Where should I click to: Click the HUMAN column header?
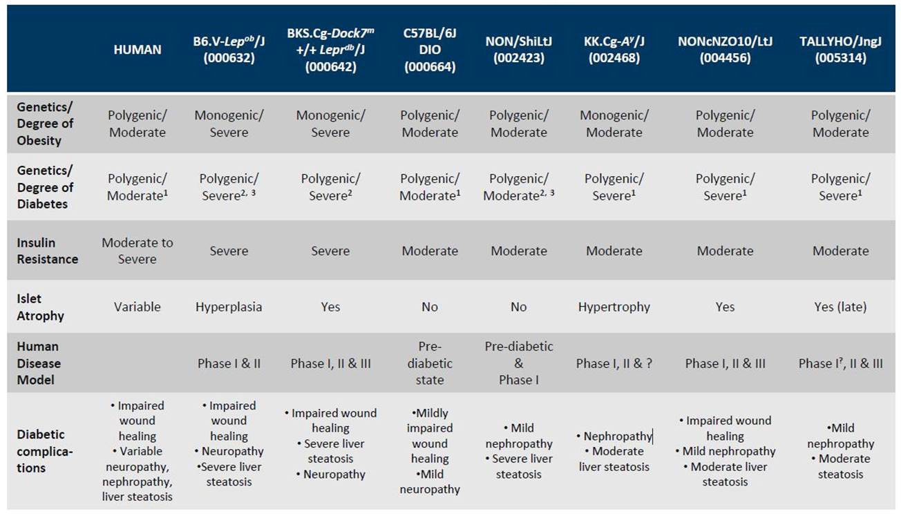(137, 50)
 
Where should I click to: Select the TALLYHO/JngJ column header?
(840, 50)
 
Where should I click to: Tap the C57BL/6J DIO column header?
(430, 50)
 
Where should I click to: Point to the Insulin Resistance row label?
(47, 251)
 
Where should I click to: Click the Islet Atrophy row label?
(40, 307)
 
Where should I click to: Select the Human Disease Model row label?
(39, 363)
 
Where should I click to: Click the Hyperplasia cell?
(229, 307)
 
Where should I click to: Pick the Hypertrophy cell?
(614, 307)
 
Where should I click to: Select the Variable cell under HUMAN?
(137, 307)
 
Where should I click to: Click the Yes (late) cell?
(840, 307)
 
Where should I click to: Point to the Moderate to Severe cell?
(137, 251)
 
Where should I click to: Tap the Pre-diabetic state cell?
(430, 363)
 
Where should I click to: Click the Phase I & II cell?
(229, 364)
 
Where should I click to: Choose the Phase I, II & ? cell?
(614, 364)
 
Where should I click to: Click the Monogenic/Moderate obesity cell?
(614, 124)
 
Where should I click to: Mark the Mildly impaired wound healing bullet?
(430, 437)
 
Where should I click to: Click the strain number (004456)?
(725, 58)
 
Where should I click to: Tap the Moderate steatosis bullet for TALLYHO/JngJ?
(841, 466)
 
